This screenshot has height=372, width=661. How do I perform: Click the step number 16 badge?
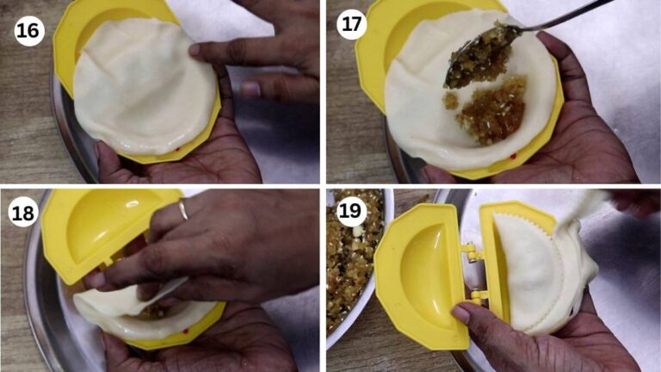coord(29,31)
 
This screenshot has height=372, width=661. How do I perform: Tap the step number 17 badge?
coord(351,24)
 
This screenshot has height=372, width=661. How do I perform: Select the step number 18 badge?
coord(22,214)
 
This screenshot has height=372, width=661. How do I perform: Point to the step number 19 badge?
coord(350,209)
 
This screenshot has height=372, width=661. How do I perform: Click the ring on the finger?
coord(183,209)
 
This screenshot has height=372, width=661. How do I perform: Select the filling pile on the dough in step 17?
coord(488,110)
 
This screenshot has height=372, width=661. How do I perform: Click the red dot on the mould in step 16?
coord(177,149)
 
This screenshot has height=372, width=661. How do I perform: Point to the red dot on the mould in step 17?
coord(514,157)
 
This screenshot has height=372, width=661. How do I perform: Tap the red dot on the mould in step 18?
coord(186,332)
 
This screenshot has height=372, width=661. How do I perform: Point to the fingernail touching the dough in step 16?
coord(195,50)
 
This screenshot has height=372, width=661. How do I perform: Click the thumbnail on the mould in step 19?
coord(460,313)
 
